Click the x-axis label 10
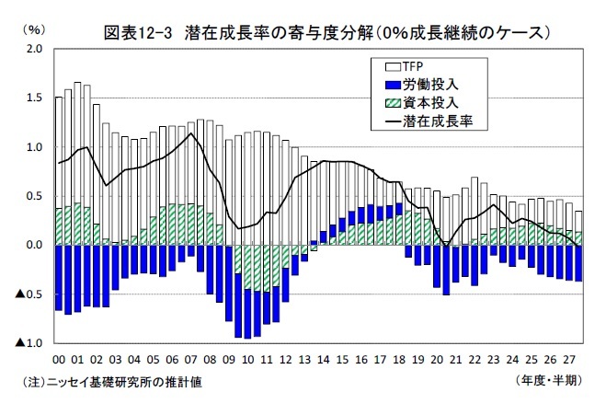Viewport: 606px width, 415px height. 248,360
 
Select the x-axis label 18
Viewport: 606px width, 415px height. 399,360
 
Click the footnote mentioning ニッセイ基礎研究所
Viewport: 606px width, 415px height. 117,381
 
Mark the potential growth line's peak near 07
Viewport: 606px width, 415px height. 190,133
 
